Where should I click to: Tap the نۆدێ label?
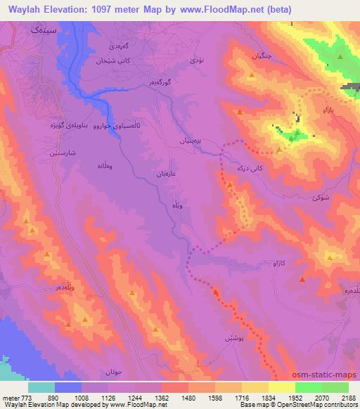[196, 62]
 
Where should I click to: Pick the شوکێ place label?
[319, 198]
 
